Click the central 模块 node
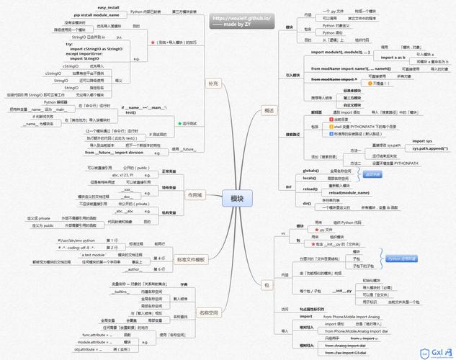pos(237,198)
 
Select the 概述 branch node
pos(269,110)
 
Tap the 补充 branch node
pos(211,84)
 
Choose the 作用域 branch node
pos(195,194)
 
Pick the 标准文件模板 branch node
pos(191,259)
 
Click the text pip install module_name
pos(97,14)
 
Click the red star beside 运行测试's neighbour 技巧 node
pos(153,42)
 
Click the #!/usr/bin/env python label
pos(80,239)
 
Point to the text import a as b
pos(393,56)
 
